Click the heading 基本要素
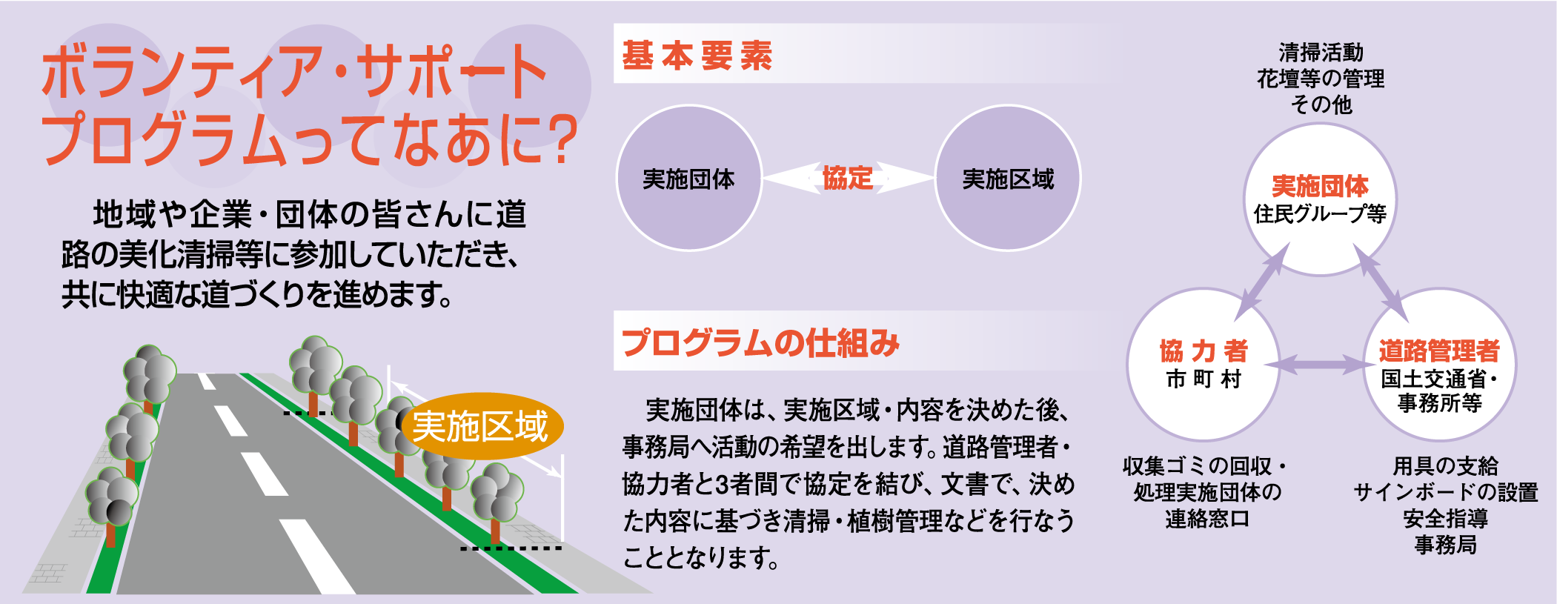[697, 56]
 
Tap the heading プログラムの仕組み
[760, 343]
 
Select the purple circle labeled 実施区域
[1008, 178]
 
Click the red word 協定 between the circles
[848, 178]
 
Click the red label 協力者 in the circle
[1204, 351]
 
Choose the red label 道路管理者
[1439, 351]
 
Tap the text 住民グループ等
[1320, 214]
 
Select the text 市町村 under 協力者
[1204, 379]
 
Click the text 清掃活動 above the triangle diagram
[1321, 52]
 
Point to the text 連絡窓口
[1207, 519]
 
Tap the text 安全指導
[1445, 518]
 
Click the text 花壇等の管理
[1321, 79]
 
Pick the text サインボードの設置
[1445, 492]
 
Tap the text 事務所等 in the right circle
[1439, 403]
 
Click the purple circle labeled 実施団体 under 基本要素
[689, 178]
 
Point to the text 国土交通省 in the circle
[1434, 379]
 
